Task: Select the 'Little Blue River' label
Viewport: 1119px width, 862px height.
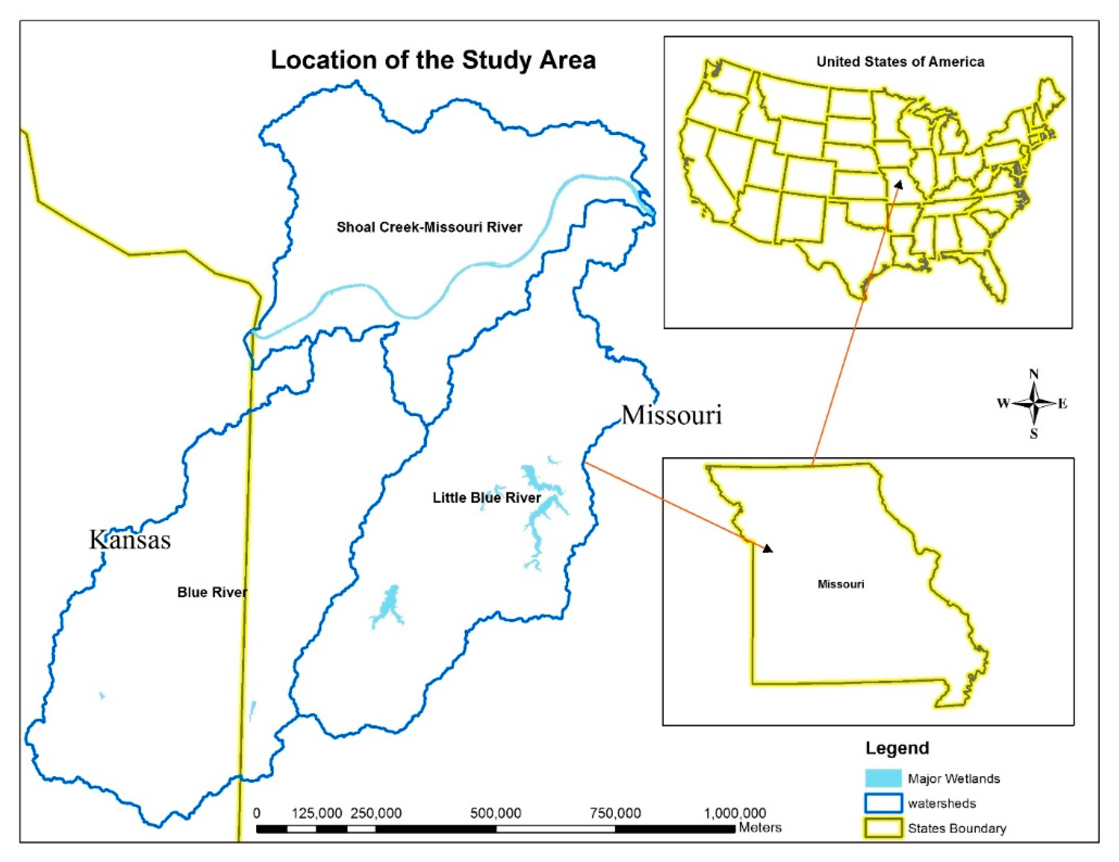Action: (486, 498)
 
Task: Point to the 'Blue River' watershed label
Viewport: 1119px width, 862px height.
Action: (212, 592)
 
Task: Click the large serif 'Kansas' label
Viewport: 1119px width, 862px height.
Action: (130, 540)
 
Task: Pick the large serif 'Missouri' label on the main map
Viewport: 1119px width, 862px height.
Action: (672, 415)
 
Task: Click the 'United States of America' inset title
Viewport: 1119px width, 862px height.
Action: (900, 62)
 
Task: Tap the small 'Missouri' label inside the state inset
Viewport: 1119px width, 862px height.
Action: (840, 584)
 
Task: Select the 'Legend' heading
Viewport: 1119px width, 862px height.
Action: (897, 748)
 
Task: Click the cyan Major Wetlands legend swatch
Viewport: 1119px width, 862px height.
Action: (883, 778)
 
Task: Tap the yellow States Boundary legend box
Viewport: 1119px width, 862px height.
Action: (883, 828)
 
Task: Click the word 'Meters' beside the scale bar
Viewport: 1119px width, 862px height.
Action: (760, 828)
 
